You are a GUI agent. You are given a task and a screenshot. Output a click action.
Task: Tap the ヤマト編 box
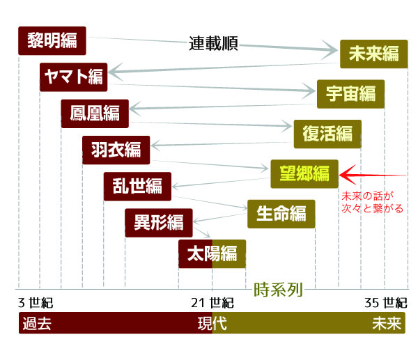[72, 77]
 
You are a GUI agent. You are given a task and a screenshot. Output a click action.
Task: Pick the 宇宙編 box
[350, 93]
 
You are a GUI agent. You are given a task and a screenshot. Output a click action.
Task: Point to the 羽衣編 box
[116, 148]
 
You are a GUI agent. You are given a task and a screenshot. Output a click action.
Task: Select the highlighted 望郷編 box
[304, 173]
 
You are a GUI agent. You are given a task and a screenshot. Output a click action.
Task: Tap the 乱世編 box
[137, 186]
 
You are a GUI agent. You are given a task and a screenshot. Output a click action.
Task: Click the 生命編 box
[281, 213]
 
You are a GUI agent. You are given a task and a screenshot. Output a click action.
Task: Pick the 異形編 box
[158, 223]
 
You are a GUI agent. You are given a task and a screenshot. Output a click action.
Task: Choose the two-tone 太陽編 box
[212, 253]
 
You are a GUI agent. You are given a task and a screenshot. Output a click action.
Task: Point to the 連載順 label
[214, 43]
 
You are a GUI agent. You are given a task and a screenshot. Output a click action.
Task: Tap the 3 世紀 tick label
[36, 304]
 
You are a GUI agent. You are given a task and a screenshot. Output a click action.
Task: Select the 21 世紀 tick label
[212, 304]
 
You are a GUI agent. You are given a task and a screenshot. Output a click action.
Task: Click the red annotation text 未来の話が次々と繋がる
[373, 202]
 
